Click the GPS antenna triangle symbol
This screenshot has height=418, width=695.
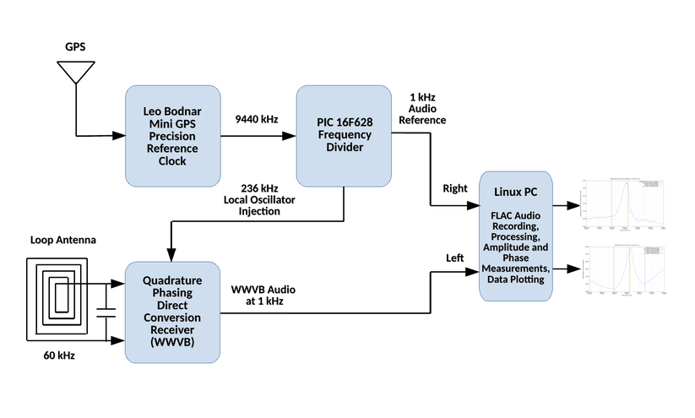(77, 73)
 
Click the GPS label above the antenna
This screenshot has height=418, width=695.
(77, 46)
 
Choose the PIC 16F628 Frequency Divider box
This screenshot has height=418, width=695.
(343, 135)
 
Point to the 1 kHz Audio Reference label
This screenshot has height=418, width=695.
(426, 108)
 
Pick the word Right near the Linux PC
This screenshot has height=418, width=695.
(454, 188)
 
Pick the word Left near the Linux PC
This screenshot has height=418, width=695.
(454, 258)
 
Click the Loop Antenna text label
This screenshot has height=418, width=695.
(62, 241)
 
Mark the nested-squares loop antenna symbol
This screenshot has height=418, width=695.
(56, 297)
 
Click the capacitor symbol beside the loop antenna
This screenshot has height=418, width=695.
(106, 312)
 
